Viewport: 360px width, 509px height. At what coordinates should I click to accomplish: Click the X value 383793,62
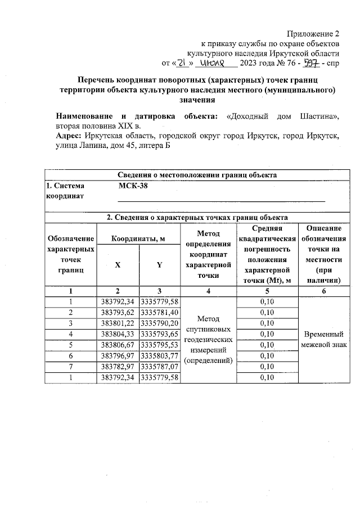pos(118,313)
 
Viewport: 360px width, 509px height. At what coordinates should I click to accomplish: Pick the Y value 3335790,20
pos(159,323)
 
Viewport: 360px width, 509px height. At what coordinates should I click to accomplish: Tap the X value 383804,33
pos(118,334)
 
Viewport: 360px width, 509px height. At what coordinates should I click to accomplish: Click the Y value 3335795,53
pos(159,345)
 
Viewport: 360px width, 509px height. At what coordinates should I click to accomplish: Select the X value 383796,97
pos(118,355)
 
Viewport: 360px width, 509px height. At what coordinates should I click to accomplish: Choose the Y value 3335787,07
pos(159,366)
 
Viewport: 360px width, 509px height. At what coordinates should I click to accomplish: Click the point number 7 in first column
pos(71,366)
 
